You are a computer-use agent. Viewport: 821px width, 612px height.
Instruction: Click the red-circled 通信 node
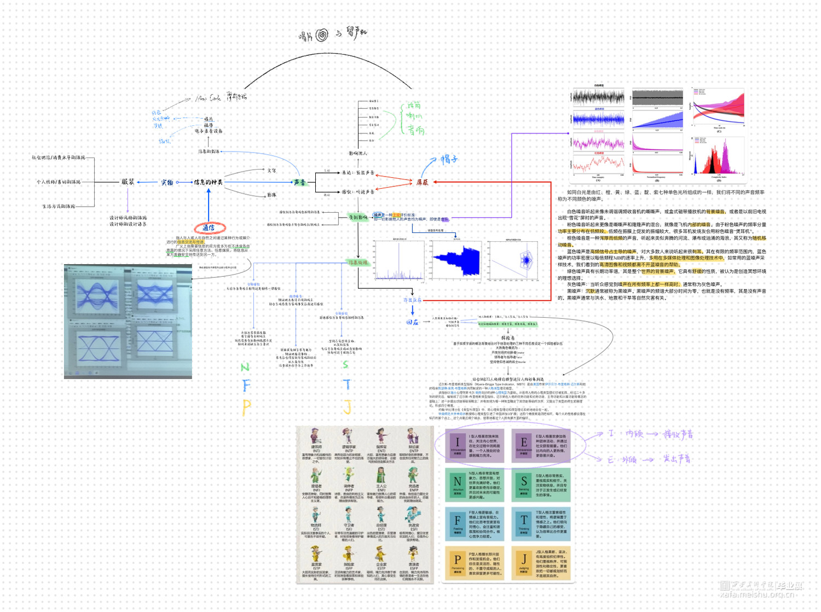tap(209, 228)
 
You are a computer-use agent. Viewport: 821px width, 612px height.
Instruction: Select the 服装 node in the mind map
tap(128, 182)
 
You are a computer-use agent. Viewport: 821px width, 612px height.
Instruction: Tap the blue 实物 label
tap(167, 182)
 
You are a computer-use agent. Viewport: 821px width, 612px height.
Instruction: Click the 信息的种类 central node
tap(208, 182)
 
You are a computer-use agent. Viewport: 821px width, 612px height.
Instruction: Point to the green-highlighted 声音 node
tap(299, 182)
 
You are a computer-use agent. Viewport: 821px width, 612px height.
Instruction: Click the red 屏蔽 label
tap(422, 182)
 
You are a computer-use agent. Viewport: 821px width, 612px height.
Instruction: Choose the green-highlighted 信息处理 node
tap(359, 263)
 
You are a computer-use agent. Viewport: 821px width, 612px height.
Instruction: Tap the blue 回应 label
tap(412, 322)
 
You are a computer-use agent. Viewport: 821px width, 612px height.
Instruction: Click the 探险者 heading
tap(507, 338)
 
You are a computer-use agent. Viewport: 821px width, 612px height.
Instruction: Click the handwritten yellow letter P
tap(246, 407)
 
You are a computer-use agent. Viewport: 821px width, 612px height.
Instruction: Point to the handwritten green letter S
tap(345, 364)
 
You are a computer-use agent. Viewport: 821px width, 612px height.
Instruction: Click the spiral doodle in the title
tap(322, 35)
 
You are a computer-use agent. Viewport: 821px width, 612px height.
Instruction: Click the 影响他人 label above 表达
tap(358, 153)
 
